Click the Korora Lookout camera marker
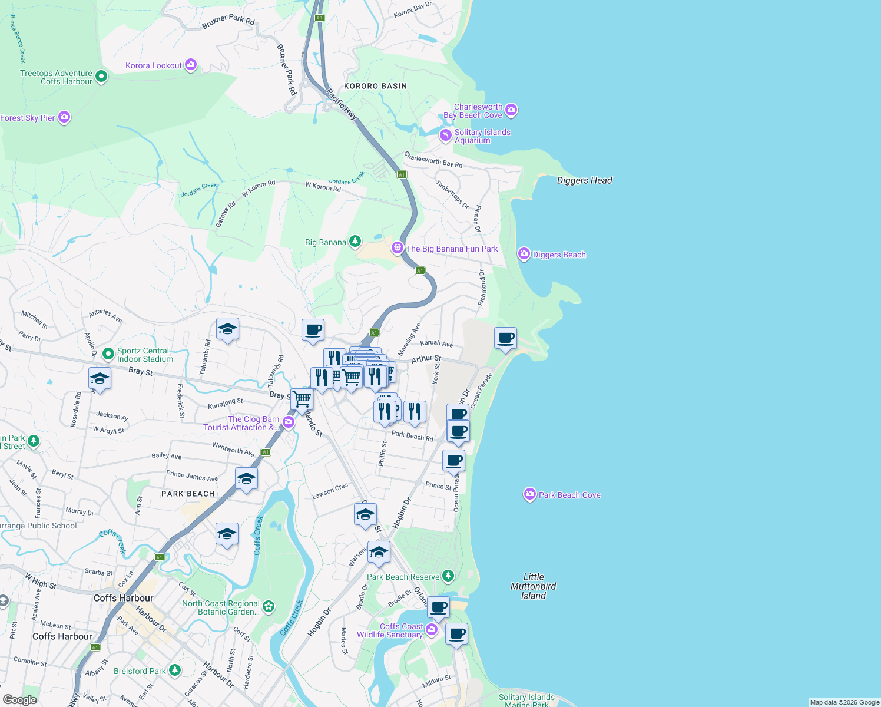[190, 65]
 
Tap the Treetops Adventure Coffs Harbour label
[56, 77]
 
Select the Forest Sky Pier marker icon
[64, 117]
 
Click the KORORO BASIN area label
[375, 86]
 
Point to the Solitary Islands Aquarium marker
[446, 136]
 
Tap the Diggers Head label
[584, 180]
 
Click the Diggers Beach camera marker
[524, 254]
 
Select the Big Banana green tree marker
[355, 242]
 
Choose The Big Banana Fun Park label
[452, 249]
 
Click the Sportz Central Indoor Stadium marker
[108, 353]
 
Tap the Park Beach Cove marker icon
[529, 494]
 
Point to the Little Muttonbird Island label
[533, 586]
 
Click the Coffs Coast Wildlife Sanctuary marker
[432, 630]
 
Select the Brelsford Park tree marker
[174, 670]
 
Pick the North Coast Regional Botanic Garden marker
[269, 607]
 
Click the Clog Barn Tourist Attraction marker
[288, 422]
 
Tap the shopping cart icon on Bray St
[302, 399]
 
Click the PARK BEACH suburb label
[188, 494]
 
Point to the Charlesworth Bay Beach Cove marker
[511, 110]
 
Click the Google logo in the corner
[19, 699]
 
